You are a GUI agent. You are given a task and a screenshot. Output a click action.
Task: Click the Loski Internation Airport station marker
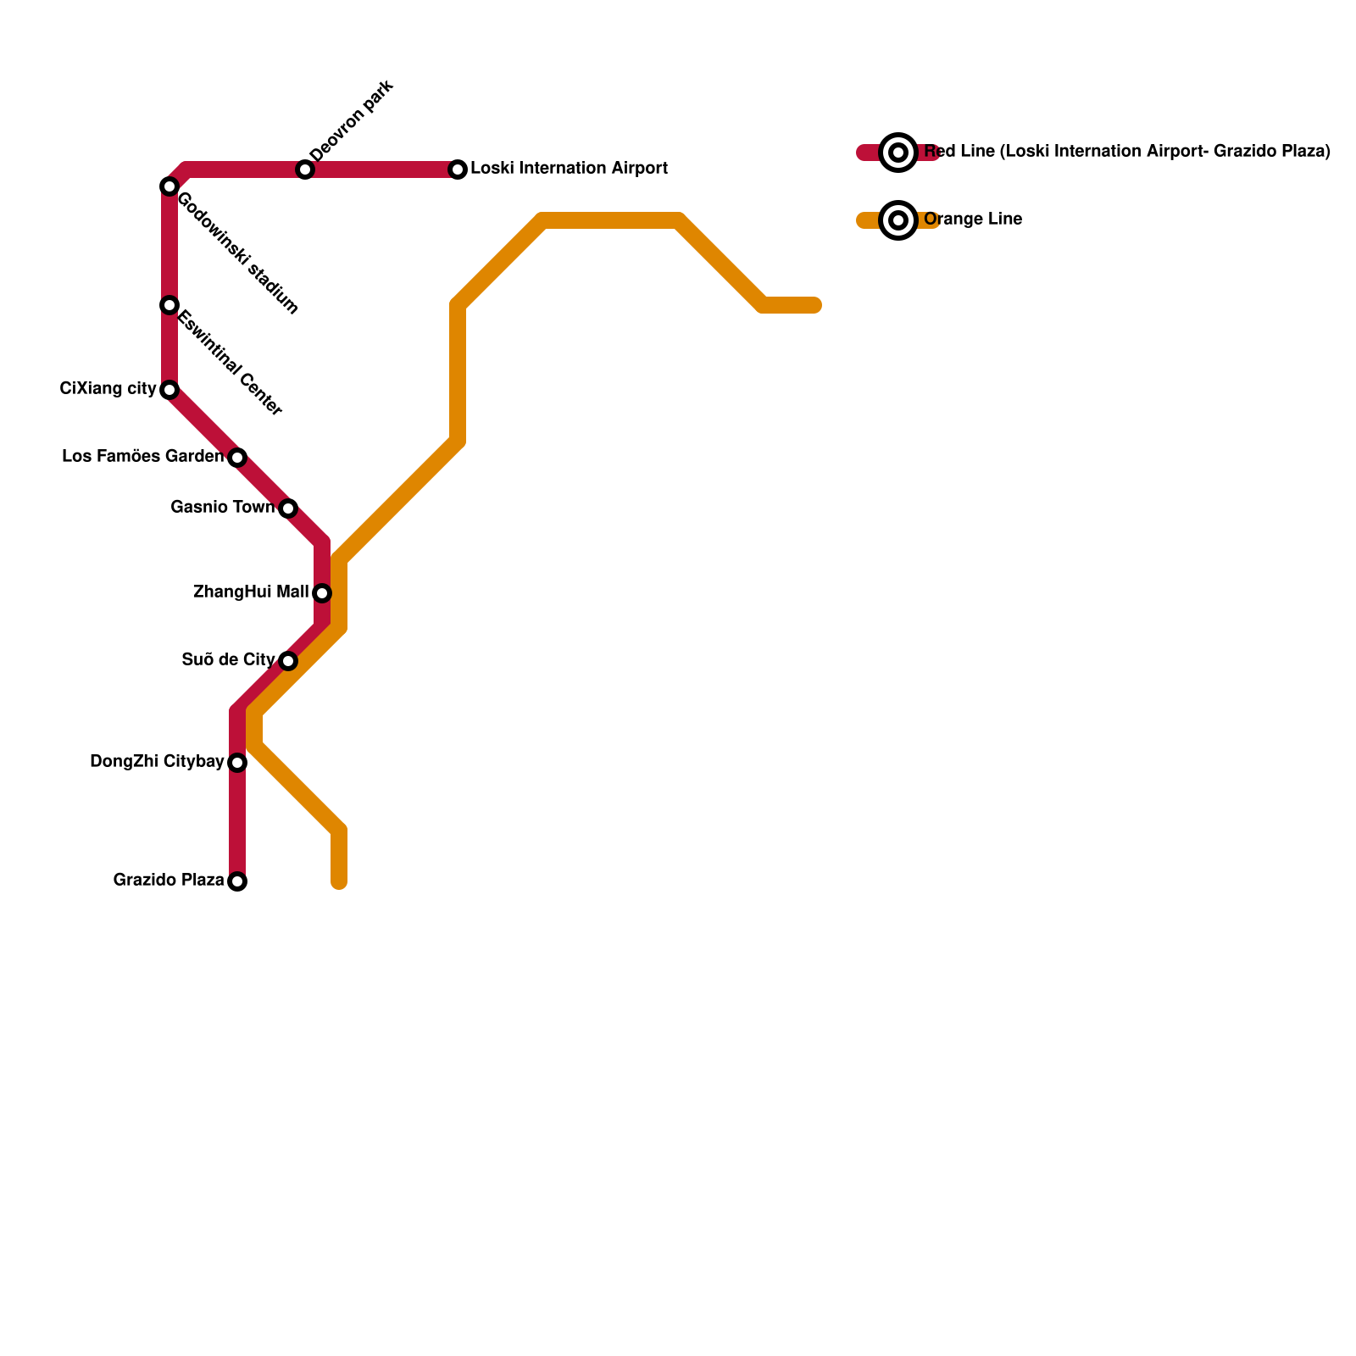click(x=458, y=169)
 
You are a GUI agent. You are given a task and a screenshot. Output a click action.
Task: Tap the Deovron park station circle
click(x=305, y=169)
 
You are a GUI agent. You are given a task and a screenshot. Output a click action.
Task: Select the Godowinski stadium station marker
click(x=169, y=186)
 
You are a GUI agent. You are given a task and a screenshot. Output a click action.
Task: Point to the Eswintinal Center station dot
click(x=169, y=305)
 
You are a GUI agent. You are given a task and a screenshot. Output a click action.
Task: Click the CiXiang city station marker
click(x=169, y=390)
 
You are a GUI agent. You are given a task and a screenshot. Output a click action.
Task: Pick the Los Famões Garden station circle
click(x=237, y=458)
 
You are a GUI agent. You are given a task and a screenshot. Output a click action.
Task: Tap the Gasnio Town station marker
click(x=288, y=508)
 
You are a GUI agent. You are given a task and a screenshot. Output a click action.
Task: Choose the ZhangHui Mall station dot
click(x=322, y=593)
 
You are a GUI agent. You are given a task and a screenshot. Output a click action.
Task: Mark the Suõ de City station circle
click(x=288, y=661)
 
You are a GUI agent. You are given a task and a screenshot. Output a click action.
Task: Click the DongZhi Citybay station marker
click(x=237, y=763)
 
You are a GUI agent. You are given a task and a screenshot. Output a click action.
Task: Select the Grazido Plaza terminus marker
click(x=237, y=881)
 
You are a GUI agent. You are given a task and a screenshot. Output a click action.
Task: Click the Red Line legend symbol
click(x=898, y=153)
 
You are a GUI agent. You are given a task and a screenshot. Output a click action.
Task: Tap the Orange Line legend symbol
click(x=898, y=220)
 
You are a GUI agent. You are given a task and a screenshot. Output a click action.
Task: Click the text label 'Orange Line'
click(x=973, y=220)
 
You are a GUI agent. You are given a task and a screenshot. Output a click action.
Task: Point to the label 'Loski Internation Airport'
click(x=569, y=169)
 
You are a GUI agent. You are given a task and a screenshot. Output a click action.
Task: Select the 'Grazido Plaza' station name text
click(x=169, y=881)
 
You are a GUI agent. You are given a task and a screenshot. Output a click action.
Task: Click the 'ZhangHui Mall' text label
click(x=250, y=592)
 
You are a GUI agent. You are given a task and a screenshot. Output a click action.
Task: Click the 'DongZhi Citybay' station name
click(x=157, y=762)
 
